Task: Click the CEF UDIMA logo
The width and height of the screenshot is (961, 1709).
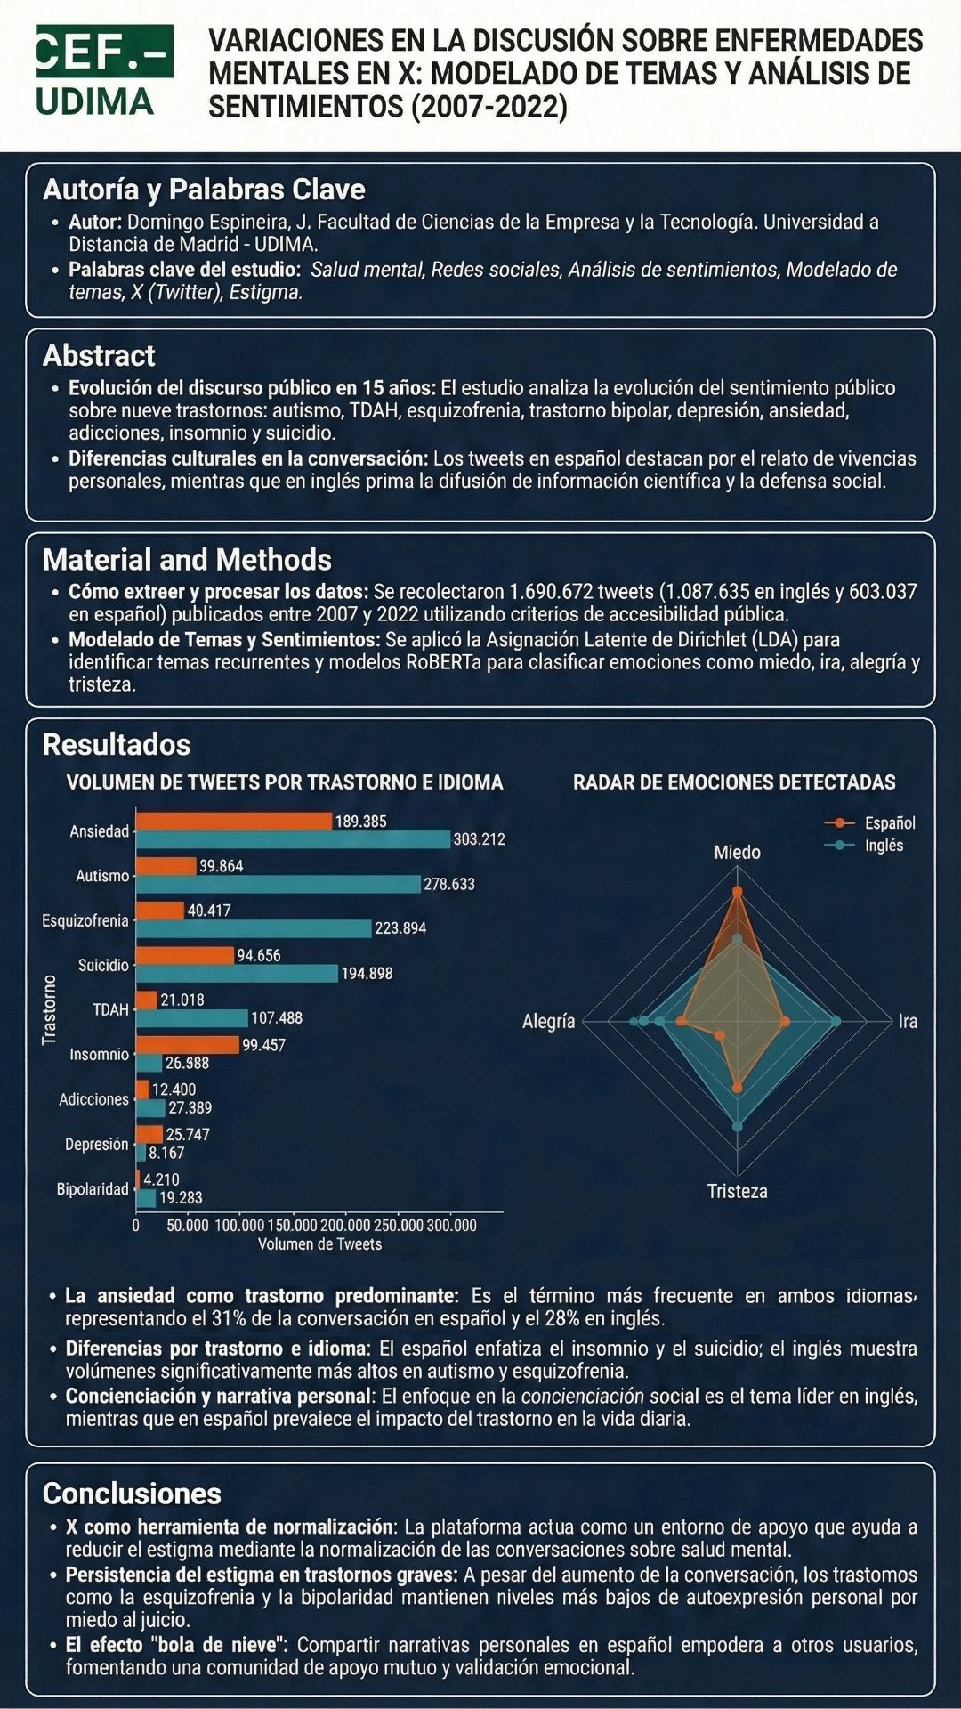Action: coord(105,70)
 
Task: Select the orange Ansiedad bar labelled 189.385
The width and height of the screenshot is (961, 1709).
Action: coord(234,821)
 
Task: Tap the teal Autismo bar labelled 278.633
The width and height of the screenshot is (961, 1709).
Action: coord(279,884)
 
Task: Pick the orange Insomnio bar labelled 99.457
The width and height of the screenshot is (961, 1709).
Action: coord(188,1045)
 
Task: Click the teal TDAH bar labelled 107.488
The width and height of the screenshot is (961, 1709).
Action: coord(192,1017)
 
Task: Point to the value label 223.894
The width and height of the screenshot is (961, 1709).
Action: coord(400,928)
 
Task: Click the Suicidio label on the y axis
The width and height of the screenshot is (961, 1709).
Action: coord(103,965)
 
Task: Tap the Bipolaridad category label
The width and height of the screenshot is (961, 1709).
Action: coord(93,1189)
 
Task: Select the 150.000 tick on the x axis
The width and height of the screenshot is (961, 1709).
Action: coord(292,1226)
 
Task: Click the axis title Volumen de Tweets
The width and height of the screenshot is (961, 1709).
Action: coord(319,1244)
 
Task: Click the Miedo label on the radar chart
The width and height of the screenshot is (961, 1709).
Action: coord(737,853)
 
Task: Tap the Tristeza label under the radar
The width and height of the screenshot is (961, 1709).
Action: coord(737,1191)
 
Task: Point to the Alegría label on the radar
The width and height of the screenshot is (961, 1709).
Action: coord(548,1022)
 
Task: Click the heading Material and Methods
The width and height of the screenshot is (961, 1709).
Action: coord(187,559)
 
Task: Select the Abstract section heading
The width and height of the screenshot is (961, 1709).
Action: coord(99,355)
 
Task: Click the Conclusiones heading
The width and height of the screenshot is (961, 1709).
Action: coord(132,1493)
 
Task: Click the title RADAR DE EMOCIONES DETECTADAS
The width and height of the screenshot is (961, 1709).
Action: coord(734,782)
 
